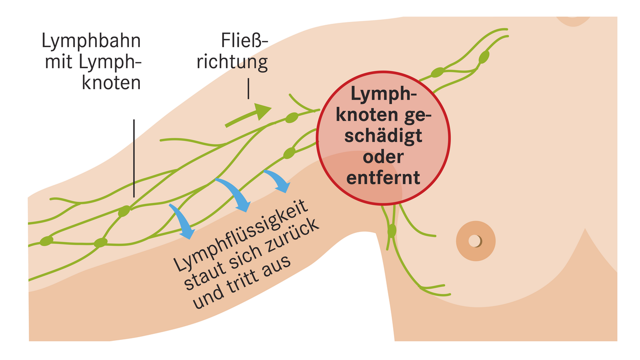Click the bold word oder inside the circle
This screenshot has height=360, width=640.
pos(383,156)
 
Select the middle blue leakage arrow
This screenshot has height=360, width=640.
pos(235,195)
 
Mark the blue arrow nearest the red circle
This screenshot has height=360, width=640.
pos(278,181)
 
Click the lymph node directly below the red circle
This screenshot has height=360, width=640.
pos(392,231)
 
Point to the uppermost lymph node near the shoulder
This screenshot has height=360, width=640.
pos(484,57)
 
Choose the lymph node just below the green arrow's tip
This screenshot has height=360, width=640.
pos(291,118)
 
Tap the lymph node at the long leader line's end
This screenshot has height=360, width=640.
pos(124,212)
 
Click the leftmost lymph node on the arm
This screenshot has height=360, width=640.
pos(47,240)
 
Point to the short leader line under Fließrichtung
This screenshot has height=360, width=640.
pos(248,89)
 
